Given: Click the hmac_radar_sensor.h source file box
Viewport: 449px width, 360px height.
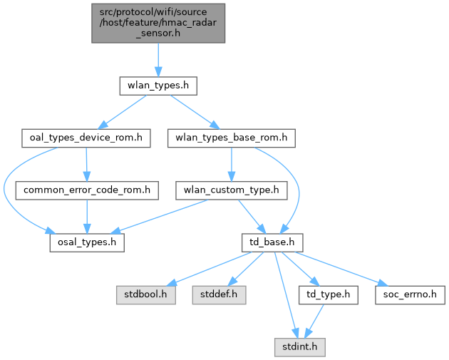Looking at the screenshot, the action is click(158, 24).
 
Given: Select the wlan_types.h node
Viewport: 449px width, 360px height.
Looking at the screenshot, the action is click(158, 86).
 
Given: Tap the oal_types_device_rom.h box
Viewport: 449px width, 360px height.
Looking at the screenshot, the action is click(86, 138).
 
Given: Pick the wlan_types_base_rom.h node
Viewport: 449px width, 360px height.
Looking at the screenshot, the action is click(232, 138).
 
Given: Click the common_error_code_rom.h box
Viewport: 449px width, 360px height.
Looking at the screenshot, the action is click(87, 190).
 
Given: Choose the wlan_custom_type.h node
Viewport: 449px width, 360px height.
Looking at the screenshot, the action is click(232, 190).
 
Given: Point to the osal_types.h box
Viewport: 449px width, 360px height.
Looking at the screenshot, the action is click(87, 243).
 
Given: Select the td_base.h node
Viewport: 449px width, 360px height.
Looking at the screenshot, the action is click(272, 243).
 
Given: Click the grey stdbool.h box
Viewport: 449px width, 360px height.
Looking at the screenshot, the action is click(146, 295).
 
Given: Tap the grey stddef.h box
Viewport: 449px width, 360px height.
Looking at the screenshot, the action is click(219, 295).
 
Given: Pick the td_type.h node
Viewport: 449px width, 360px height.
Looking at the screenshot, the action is click(328, 295).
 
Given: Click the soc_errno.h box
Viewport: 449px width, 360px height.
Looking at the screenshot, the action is click(410, 295).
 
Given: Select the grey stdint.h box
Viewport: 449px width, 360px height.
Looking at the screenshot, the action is click(300, 347).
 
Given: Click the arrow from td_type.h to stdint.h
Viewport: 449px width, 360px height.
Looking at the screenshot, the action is click(314, 321).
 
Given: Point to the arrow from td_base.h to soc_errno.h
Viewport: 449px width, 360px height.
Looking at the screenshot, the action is click(341, 269).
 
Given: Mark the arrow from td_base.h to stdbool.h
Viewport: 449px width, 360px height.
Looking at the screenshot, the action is click(208, 269).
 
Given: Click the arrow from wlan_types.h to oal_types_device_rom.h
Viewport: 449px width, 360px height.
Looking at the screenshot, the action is click(123, 112).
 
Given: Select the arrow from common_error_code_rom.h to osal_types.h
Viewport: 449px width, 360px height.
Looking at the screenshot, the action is click(87, 217).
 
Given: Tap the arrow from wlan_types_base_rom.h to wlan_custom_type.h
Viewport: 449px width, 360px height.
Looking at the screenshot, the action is click(232, 165).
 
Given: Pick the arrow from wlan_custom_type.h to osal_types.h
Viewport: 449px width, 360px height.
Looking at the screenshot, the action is click(159, 217).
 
